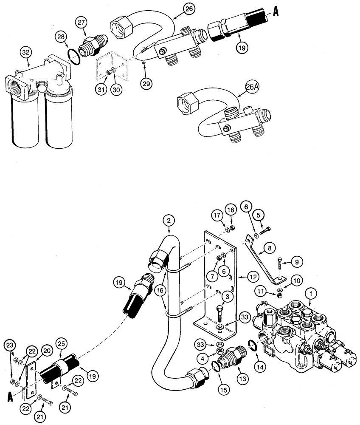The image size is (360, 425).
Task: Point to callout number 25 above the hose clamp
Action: click(63, 343)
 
